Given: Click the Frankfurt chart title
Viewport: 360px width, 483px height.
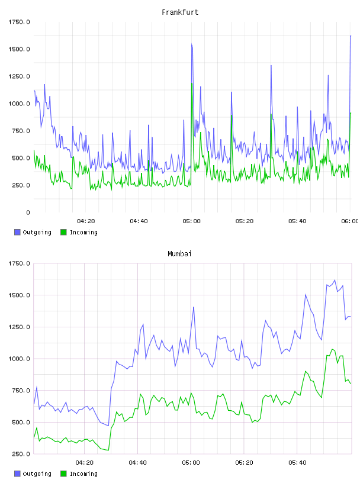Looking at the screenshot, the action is (180, 12).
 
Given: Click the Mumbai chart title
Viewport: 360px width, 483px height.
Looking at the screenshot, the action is (179, 253).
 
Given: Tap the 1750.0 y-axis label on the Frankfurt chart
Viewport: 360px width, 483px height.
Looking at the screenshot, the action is (19, 22).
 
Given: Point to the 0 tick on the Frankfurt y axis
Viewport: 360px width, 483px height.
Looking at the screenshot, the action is (28, 212).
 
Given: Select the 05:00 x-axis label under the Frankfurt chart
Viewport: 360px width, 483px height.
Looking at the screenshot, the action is (191, 221).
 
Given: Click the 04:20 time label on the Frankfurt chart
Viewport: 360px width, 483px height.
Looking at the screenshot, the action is (86, 221).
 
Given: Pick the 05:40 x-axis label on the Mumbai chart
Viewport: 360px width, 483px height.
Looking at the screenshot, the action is (297, 462).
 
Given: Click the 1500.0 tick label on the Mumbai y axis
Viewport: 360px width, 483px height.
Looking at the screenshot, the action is (19, 295).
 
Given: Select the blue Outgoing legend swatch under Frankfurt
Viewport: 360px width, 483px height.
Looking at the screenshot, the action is (17, 232).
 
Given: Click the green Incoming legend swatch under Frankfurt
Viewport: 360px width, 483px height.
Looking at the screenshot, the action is (63, 232).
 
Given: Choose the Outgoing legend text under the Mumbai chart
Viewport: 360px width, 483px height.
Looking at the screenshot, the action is (37, 474).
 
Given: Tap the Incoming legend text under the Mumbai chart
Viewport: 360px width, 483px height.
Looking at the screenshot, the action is (83, 474).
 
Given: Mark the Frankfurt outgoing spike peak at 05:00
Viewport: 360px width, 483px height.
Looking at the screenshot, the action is (191, 44).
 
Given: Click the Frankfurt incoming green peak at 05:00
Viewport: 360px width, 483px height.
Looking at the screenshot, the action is (192, 83).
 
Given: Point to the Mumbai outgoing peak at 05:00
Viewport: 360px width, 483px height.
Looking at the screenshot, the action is (194, 307).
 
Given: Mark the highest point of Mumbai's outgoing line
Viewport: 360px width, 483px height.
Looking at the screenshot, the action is (335, 280).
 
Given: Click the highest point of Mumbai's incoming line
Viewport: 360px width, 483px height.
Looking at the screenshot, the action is (332, 349).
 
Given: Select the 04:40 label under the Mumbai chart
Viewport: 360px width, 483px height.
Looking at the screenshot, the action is (138, 462).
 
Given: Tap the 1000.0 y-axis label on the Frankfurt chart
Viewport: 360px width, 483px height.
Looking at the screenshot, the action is (19, 104).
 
